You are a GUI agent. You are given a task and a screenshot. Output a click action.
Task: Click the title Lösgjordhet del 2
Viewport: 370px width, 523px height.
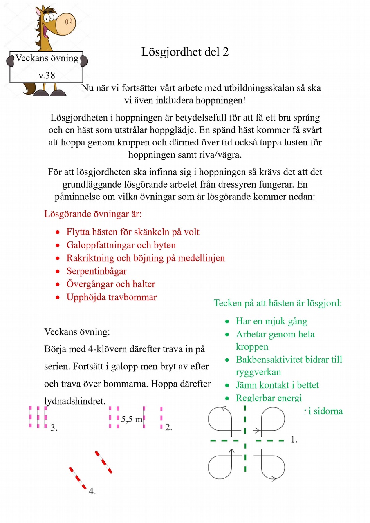coord(185,52)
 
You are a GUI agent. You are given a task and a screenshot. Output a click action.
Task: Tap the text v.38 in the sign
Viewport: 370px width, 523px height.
coord(47,75)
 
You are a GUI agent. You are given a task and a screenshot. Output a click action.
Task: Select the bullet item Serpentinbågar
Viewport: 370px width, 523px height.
coord(96,271)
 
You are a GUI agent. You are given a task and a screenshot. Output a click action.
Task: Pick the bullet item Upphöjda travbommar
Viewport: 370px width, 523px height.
coord(111,297)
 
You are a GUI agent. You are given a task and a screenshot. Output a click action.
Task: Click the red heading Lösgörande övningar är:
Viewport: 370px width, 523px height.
coord(93,214)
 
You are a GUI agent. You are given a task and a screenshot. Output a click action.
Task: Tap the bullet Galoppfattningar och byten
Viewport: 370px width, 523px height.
coord(121,245)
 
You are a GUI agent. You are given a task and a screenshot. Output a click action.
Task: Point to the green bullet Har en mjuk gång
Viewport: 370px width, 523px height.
coord(271,321)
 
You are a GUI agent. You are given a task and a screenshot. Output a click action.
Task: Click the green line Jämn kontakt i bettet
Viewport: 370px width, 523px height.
coord(277,385)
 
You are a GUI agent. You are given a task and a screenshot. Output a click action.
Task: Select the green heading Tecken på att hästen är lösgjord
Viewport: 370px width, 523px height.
coord(278,303)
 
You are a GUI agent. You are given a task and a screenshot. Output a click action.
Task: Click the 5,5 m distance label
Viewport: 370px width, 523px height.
coord(132,419)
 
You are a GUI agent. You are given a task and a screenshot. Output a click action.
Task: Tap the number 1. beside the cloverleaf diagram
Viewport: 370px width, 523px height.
coord(294,440)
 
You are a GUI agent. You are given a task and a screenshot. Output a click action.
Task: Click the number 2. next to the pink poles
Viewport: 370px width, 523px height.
coord(168,427)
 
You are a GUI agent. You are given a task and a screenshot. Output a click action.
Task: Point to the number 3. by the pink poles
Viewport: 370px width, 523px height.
coord(54,428)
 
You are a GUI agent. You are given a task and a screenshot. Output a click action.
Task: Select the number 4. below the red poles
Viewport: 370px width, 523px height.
coord(92,491)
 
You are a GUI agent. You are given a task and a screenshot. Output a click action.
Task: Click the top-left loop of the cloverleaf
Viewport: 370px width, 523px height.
coord(220,418)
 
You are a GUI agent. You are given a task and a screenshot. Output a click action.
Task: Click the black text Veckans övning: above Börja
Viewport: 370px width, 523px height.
coord(77,331)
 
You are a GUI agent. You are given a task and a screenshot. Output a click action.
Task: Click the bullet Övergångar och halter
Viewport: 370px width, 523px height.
coord(111,284)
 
